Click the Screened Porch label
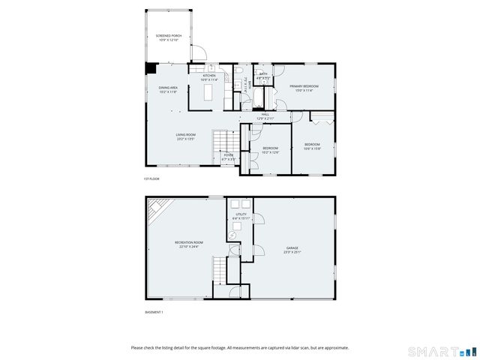point(169,37)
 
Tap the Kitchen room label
point(209,77)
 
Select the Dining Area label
point(168,89)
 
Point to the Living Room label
point(185,136)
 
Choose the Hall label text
point(265,116)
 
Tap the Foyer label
point(228,157)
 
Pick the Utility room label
point(241,216)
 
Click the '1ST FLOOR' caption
point(151,178)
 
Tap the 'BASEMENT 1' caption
point(154,312)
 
